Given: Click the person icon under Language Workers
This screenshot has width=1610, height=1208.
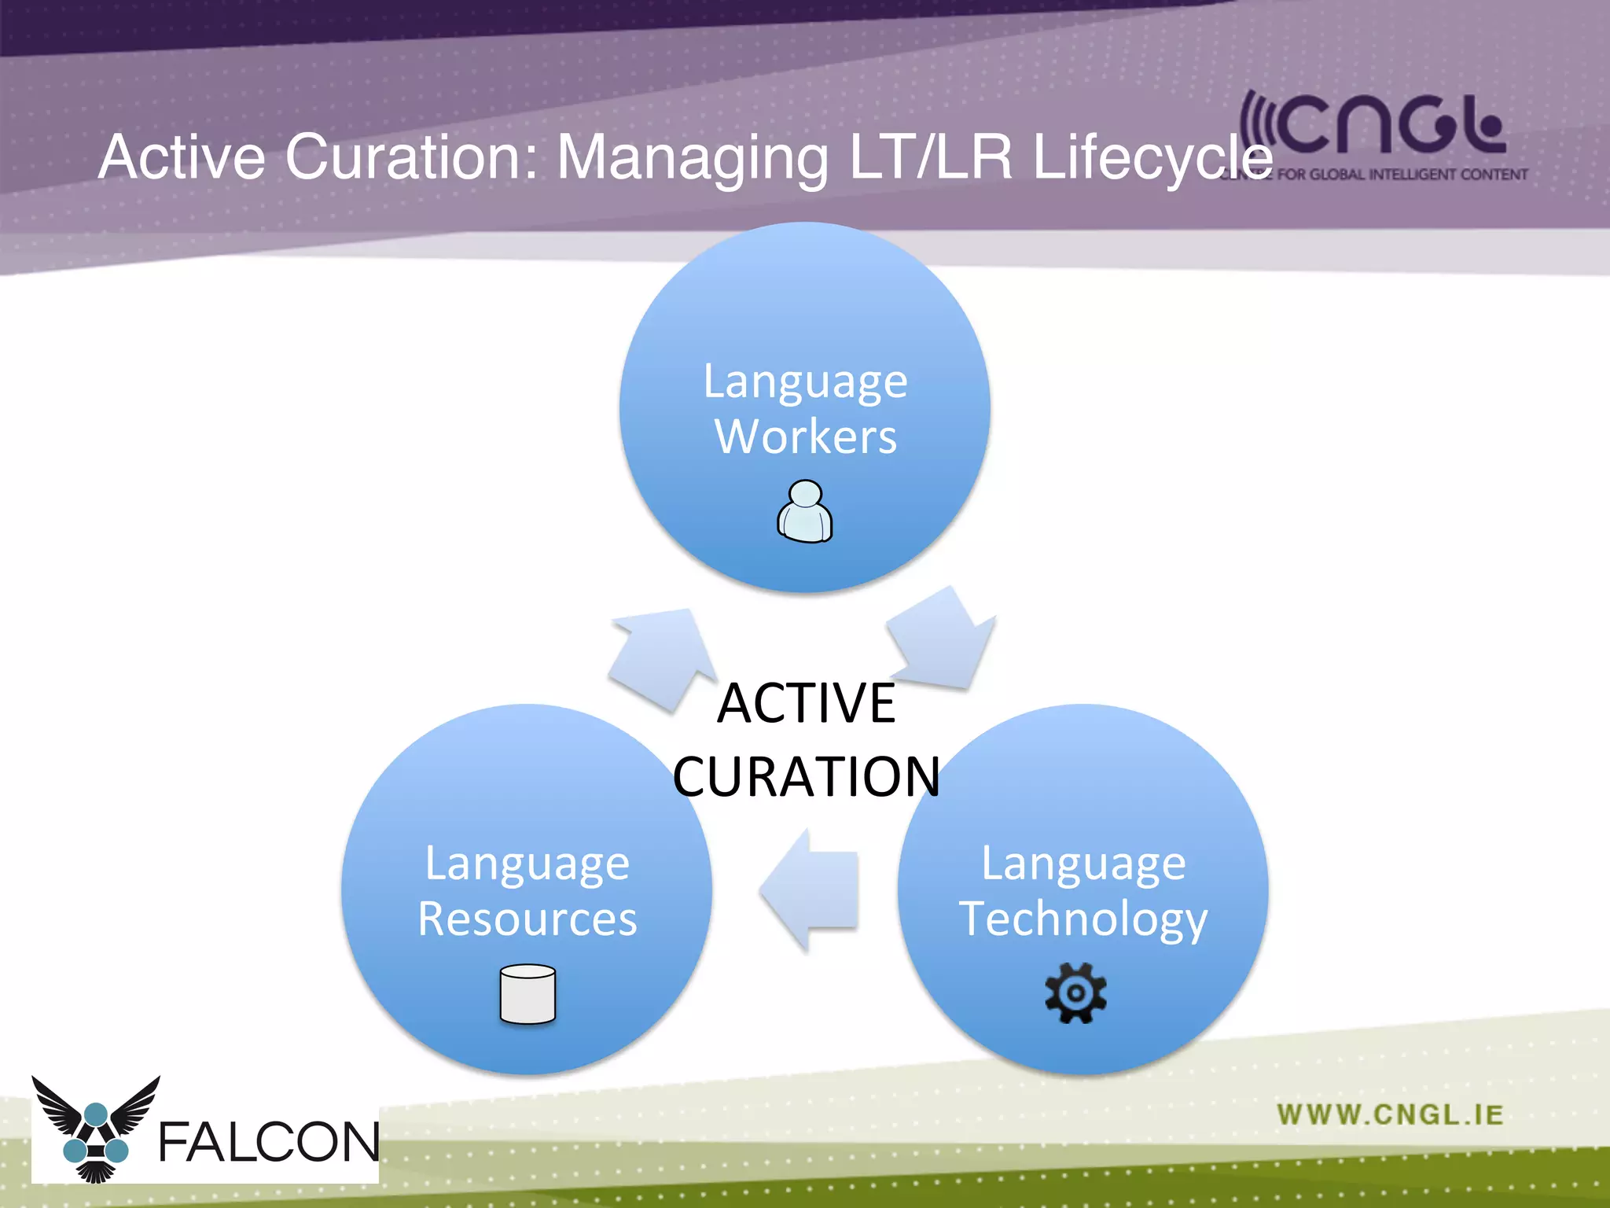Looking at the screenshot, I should click(x=805, y=512).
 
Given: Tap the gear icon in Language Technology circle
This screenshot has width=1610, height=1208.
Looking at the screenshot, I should click(x=1075, y=993).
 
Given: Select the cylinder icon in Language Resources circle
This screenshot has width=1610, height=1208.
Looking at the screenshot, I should click(x=527, y=994).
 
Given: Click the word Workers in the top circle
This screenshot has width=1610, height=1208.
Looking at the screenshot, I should click(x=806, y=436).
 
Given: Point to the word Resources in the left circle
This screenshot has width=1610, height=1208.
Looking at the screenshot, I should click(x=527, y=919).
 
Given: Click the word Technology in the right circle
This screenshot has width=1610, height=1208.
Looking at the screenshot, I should click(x=1083, y=919).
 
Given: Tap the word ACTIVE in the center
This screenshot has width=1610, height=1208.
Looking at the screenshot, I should click(x=807, y=703).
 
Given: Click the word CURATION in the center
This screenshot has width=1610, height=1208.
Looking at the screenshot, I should click(x=807, y=777).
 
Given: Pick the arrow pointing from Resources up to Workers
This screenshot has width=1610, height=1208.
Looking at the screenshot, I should click(x=664, y=657).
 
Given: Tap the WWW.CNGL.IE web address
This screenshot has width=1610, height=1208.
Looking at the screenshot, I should click(x=1390, y=1114).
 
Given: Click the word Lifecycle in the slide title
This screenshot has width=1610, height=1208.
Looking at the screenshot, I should click(x=1152, y=157).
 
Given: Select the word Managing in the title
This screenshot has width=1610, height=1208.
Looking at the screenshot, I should click(x=693, y=158).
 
